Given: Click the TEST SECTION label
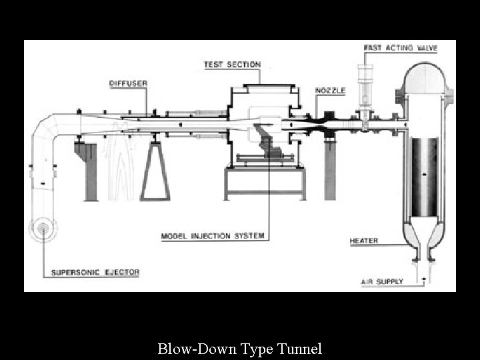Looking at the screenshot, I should click(232, 65).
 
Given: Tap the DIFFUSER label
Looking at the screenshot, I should click(128, 83).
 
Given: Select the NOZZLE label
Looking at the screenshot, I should click(330, 90).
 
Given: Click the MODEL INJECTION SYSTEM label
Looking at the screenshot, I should click(213, 235).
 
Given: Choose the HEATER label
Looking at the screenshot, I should click(363, 241).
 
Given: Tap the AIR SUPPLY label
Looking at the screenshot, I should click(382, 281).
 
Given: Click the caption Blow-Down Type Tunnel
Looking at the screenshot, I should click(240, 348).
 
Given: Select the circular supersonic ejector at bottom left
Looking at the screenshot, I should click(43, 228).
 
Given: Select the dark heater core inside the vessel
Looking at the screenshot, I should click(425, 177).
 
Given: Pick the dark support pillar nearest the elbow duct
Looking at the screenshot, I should click(91, 169).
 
